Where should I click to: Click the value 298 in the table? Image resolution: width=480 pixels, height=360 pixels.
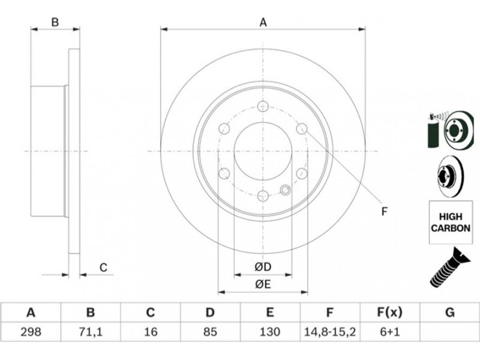[31, 332]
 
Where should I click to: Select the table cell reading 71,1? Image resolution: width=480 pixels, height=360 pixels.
[91, 332]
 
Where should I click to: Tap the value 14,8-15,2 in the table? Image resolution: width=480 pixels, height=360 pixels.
[329, 332]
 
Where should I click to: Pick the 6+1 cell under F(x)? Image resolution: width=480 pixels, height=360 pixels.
[389, 332]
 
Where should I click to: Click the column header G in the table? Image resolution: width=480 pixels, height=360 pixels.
[449, 313]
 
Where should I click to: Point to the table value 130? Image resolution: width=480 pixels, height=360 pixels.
[269, 332]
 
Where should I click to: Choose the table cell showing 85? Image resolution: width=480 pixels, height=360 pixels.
[210, 332]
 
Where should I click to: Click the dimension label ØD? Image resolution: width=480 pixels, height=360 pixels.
[263, 267]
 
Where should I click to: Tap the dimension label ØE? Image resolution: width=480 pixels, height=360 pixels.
[263, 284]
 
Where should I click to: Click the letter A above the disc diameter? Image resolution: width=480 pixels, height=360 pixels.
[263, 23]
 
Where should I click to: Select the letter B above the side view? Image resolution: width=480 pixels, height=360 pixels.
[55, 22]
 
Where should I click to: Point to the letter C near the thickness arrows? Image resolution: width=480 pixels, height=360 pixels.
[103, 268]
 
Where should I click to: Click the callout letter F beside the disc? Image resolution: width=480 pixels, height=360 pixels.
[385, 211]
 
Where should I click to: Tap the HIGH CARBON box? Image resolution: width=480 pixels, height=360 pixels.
[451, 222]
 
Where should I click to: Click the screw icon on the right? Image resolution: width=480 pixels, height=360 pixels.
[449, 268]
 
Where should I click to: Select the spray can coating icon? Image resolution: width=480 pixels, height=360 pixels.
[433, 131]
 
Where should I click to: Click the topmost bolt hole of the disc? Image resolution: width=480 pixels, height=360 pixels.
[263, 106]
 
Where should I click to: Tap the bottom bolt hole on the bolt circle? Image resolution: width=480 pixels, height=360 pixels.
[263, 196]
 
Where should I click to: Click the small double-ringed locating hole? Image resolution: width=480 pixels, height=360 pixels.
[286, 190]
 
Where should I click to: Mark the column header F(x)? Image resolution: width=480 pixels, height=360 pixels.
[389, 313]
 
